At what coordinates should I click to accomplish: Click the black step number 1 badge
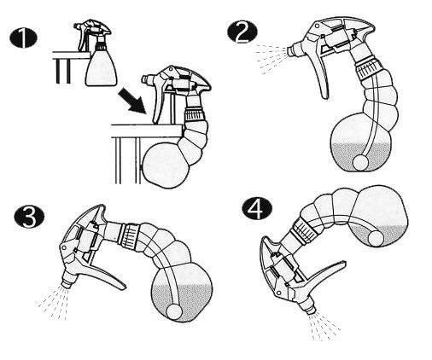pyautogui.click(x=23, y=38)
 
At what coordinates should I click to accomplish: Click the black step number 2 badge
pyautogui.click(x=242, y=32)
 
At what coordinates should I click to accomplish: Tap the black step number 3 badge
pyautogui.click(x=29, y=217)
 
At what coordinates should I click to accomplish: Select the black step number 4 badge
pyautogui.click(x=257, y=209)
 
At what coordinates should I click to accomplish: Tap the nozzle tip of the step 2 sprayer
pyautogui.click(x=291, y=50)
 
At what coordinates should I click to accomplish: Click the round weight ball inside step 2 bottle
pyautogui.click(x=360, y=163)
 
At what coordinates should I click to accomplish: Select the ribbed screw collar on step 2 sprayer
pyautogui.click(x=367, y=70)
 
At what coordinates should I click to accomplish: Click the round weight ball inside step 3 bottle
pyautogui.click(x=174, y=312)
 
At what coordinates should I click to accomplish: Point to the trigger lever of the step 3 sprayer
pyautogui.click(x=104, y=275)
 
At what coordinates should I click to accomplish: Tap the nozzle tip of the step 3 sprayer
pyautogui.click(x=67, y=283)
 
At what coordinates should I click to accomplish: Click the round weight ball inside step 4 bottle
pyautogui.click(x=377, y=238)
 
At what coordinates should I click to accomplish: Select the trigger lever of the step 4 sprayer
pyautogui.click(x=328, y=273)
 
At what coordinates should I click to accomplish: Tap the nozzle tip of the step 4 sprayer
pyautogui.click(x=310, y=310)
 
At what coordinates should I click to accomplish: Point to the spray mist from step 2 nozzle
pyautogui.click(x=271, y=57)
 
